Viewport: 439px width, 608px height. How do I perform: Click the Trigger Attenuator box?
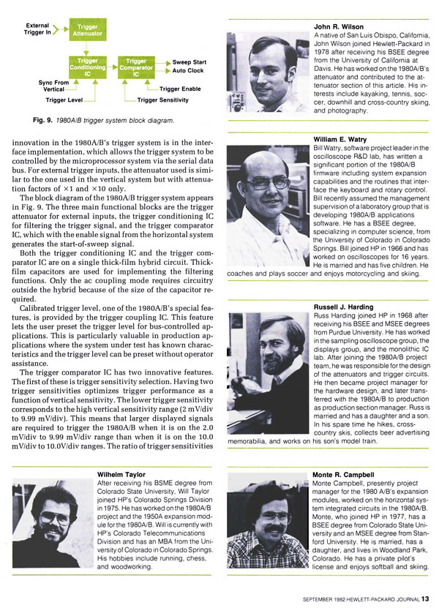pyautogui.click(x=87, y=30)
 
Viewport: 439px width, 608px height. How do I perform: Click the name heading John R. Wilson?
pyautogui.click(x=338, y=27)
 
